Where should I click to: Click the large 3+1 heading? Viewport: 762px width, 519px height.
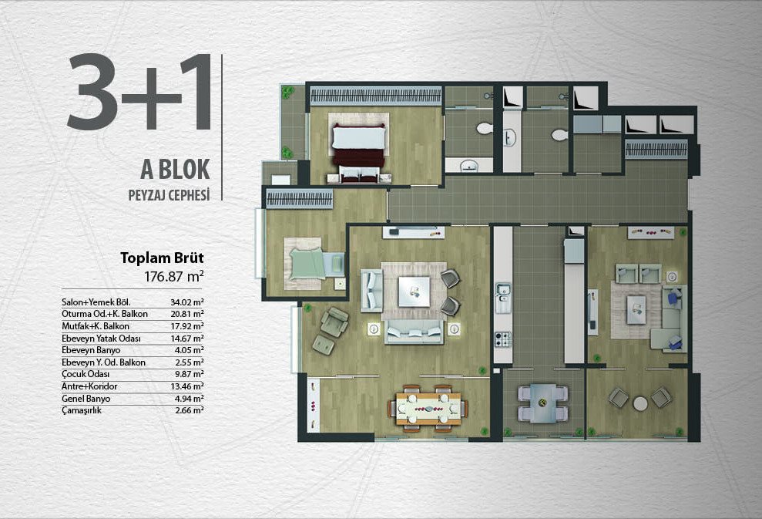point(139,93)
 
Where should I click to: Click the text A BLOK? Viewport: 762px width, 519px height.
point(175,169)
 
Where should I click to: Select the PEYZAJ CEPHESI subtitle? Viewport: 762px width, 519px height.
point(169,195)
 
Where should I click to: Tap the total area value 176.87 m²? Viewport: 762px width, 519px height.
point(174,276)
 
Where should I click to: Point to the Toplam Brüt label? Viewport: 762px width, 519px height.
point(162,258)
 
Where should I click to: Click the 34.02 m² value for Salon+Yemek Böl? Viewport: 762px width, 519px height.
point(186,302)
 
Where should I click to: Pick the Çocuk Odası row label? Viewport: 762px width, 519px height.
point(86,374)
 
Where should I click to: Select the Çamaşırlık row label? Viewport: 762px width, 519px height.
point(82,410)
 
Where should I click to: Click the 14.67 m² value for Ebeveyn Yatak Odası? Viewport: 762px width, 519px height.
point(186,338)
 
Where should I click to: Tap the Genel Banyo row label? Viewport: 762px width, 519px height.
point(86,399)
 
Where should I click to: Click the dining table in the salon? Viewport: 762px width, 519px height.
point(428,408)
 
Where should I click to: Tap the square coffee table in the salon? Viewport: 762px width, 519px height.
point(414,292)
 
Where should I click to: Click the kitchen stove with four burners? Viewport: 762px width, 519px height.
point(502,339)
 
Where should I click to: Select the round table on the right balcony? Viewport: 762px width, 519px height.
point(640,403)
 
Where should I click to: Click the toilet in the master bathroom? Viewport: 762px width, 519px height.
point(484,129)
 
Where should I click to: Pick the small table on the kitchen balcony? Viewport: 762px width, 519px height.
point(543,403)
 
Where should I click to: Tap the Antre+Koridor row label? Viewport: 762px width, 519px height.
point(89,386)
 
